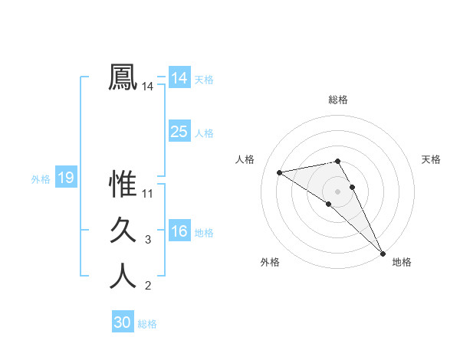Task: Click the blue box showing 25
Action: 179,132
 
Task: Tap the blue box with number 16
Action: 179,231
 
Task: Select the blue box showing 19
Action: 65,178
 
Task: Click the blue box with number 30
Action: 123,322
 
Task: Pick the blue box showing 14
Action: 179,78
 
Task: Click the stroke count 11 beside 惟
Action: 149,194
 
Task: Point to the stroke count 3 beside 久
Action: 148,240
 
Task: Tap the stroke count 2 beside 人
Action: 148,286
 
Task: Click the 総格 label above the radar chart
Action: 338,100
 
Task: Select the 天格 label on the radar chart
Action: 431,159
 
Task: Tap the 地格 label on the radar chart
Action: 402,262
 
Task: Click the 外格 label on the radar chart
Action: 269,262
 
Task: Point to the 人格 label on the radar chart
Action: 245,159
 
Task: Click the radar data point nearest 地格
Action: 382,253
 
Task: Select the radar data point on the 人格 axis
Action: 280,172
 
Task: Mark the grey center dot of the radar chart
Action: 337,190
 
